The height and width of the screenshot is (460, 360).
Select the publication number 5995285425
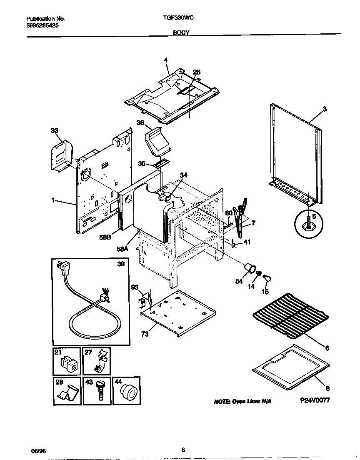coord(42,25)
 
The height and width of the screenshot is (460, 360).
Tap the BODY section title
coord(181,32)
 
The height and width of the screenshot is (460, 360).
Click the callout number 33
coord(55,130)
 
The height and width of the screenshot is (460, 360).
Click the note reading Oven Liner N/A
coord(242,401)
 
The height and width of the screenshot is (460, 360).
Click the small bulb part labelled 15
coord(267,279)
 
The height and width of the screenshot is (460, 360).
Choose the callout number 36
coord(140,122)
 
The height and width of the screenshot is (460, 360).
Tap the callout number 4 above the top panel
coord(166,60)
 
